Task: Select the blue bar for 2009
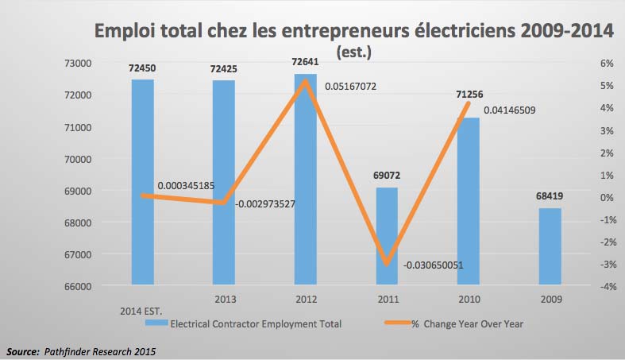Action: click(x=550, y=246)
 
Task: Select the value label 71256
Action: click(x=469, y=94)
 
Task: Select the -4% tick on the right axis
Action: click(x=588, y=286)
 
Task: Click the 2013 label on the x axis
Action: click(x=226, y=300)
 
